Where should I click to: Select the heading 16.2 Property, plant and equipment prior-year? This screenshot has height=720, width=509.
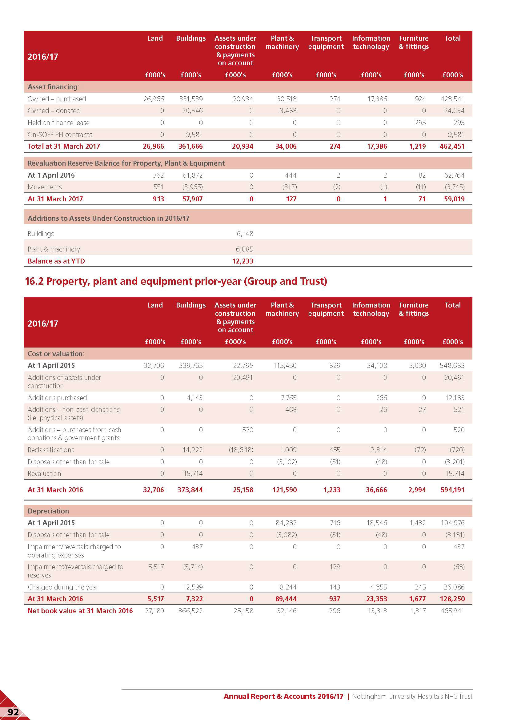click(x=176, y=281)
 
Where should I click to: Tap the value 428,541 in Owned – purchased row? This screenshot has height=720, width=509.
click(x=452, y=99)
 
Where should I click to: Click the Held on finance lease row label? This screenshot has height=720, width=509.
click(x=58, y=123)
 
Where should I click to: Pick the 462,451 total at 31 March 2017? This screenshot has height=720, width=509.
click(x=452, y=147)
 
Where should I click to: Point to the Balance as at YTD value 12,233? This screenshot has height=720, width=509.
click(x=242, y=261)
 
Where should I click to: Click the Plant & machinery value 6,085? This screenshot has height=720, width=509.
click(x=244, y=249)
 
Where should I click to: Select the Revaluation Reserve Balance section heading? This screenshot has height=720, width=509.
click(x=126, y=163)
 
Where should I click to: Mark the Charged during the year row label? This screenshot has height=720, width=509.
click(x=63, y=587)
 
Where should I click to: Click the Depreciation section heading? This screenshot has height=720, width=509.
click(x=48, y=511)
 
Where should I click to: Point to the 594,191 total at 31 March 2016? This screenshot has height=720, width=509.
click(x=452, y=490)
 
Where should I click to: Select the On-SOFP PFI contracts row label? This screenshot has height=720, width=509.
click(x=60, y=135)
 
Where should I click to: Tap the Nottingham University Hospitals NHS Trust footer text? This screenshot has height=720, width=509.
click(x=412, y=696)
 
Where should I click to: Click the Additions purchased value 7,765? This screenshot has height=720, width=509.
click(x=288, y=398)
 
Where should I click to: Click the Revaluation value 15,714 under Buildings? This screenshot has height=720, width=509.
click(x=193, y=473)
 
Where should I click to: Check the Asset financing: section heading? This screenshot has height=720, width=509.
click(x=54, y=87)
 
